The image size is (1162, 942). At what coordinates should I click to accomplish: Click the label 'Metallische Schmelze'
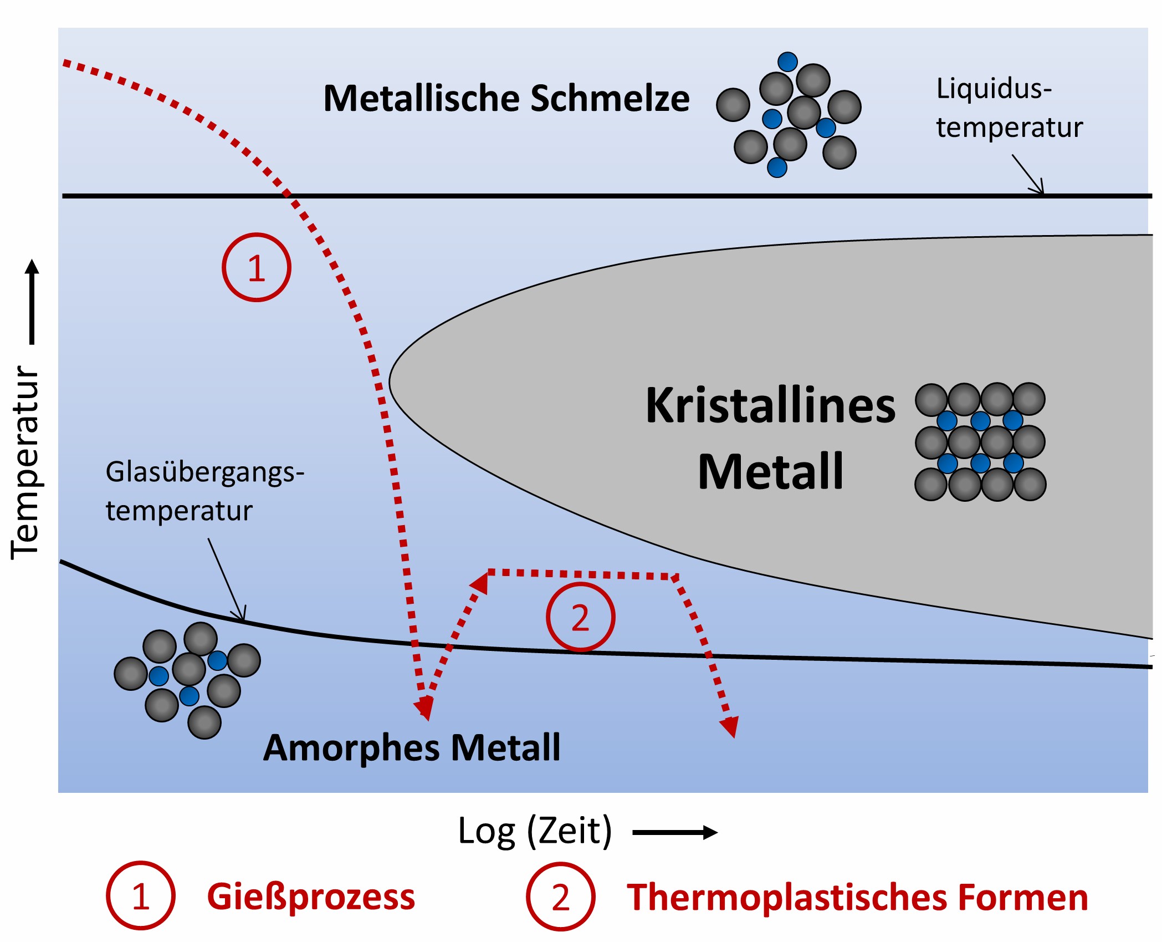click(506, 99)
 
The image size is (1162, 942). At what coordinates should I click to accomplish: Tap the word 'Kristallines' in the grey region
click(770, 406)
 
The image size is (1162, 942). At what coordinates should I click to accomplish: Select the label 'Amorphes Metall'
click(412, 748)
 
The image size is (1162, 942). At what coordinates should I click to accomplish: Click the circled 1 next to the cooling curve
click(256, 268)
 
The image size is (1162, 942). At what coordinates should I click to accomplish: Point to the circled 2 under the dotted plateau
click(580, 617)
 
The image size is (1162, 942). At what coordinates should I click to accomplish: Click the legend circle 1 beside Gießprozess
click(141, 896)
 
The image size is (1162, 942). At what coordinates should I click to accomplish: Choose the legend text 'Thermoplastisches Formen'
click(857, 898)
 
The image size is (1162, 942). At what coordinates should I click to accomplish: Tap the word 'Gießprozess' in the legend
click(311, 897)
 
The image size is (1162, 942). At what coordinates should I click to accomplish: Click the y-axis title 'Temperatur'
click(25, 462)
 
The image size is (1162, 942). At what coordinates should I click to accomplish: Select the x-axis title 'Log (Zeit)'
click(535, 831)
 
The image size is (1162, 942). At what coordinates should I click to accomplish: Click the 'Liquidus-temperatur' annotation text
click(1009, 108)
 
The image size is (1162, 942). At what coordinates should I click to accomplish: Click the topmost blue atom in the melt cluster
click(787, 62)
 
